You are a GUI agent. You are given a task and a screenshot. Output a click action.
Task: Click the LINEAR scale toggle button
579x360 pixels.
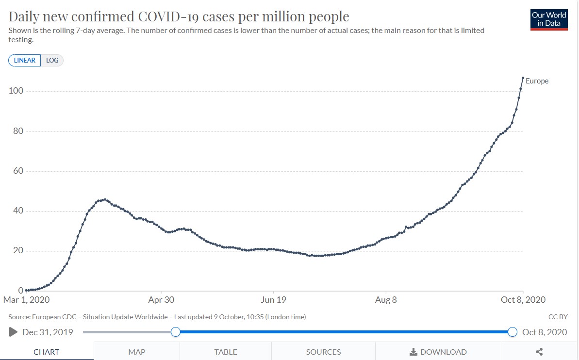25,60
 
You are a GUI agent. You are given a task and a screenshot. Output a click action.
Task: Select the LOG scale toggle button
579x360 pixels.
52,60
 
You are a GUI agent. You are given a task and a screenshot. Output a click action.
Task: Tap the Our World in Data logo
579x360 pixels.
549,19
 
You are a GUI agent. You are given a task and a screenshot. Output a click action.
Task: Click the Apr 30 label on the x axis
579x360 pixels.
161,300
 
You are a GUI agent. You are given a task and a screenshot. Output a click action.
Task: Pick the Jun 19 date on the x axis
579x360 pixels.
274,300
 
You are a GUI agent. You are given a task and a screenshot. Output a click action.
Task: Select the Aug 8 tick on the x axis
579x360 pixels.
386,300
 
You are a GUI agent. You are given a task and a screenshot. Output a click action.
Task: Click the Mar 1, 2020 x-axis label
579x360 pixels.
27,300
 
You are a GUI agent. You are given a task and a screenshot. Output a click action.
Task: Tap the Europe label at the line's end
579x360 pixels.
537,81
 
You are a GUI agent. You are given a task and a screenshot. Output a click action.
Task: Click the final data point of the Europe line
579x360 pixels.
523,78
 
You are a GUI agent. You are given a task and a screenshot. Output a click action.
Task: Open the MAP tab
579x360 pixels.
136,352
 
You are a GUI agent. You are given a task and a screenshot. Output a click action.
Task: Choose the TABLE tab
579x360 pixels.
226,352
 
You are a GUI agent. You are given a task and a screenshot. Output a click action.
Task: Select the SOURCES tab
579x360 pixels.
323,352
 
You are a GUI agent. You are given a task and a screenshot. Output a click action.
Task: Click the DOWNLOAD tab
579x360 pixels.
438,352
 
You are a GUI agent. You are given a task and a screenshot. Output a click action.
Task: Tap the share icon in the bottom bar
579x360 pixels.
539,352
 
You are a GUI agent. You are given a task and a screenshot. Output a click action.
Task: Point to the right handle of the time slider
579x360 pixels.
512,332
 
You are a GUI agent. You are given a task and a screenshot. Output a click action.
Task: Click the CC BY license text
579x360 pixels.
558,317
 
